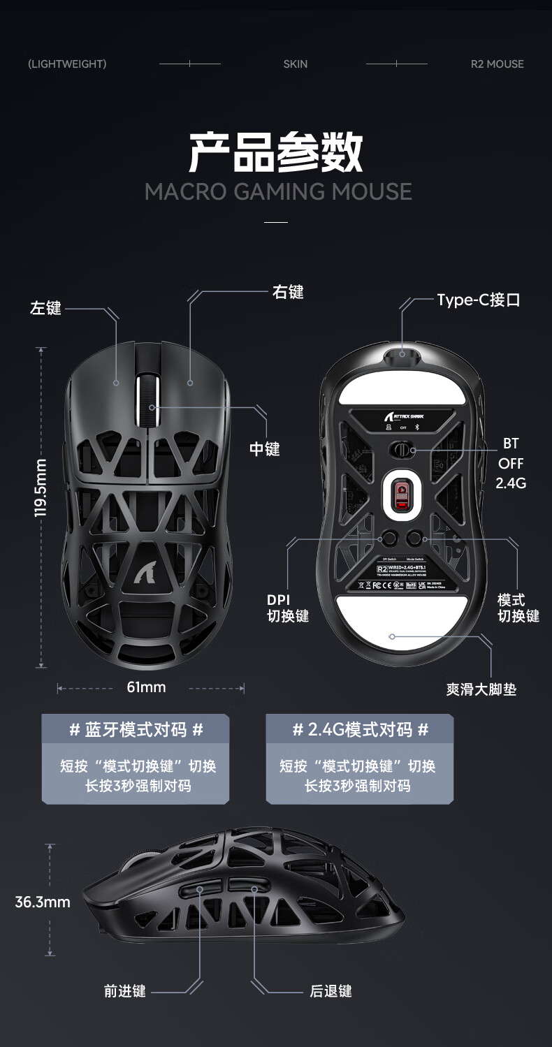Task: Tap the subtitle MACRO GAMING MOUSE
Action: [x=278, y=191]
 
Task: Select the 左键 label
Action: [x=46, y=308]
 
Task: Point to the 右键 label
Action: [x=288, y=292]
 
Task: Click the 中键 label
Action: [x=265, y=449]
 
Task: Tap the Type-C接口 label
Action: [x=479, y=300]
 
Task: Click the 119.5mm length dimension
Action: [x=41, y=488]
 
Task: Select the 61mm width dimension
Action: [x=147, y=687]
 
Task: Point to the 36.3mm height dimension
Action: [x=43, y=902]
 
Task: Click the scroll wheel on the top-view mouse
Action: [x=149, y=401]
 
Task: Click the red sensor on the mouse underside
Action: [x=400, y=495]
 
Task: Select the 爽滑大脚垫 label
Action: [x=481, y=689]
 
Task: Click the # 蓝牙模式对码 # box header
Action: [x=136, y=730]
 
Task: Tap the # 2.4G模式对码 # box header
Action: [x=360, y=730]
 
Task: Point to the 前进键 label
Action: [x=125, y=990]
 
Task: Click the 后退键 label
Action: [x=331, y=990]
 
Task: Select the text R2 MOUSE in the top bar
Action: [x=497, y=64]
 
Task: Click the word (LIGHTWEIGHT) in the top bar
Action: [x=67, y=64]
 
